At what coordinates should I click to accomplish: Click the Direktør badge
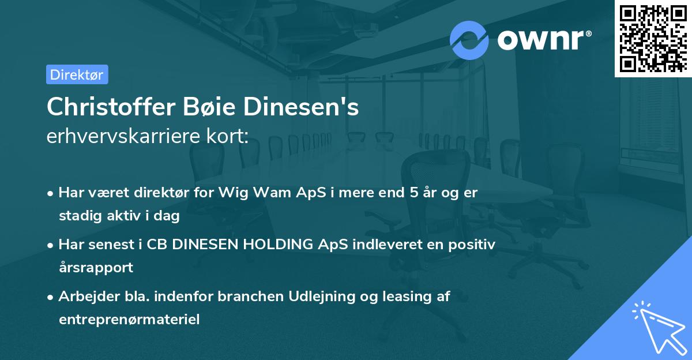coord(77,74)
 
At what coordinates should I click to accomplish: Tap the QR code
coord(653,38)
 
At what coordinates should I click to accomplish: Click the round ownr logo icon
coord(469,40)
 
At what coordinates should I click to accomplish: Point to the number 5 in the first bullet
coord(413,193)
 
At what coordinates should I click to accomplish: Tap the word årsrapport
coord(96,267)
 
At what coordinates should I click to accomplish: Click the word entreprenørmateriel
coord(129,319)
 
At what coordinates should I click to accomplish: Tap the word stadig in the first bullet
coord(78,216)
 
